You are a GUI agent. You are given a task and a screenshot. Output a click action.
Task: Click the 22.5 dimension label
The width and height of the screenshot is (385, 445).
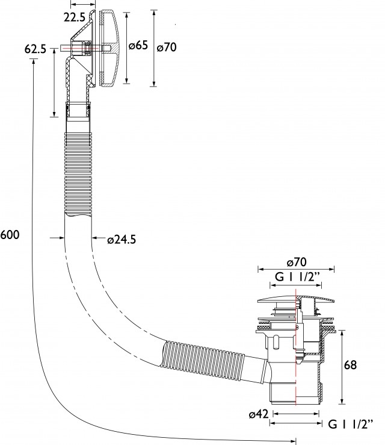coord(74,17)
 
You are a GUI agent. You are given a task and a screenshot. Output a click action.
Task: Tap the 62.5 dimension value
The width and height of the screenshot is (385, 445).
coord(35,49)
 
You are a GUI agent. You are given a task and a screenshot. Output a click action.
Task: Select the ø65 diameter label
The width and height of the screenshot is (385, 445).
coord(138,45)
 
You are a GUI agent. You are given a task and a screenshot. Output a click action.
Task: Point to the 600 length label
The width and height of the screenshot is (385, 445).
coord(10,235)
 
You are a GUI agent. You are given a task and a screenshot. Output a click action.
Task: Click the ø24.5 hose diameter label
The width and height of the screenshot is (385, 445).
coord(122,240)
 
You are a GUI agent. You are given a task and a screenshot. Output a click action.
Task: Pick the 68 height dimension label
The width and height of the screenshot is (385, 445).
coord(351,365)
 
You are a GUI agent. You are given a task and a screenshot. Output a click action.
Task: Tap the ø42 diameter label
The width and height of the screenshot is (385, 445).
coord(259,414)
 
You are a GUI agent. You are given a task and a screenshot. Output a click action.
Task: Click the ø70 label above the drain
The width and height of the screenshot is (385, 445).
coord(297,262)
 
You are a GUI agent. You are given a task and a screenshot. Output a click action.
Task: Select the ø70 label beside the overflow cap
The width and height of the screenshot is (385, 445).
coord(167,47)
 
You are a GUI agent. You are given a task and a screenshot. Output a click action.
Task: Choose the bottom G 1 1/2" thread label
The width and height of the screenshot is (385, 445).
coord(351,425)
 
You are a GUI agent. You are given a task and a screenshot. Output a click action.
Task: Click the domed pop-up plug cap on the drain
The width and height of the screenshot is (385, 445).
coord(296,299)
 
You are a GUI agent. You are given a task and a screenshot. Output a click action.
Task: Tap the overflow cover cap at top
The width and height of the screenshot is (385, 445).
coord(111,48)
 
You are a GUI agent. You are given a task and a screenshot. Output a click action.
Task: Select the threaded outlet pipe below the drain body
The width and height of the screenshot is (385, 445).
coord(295,392)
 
